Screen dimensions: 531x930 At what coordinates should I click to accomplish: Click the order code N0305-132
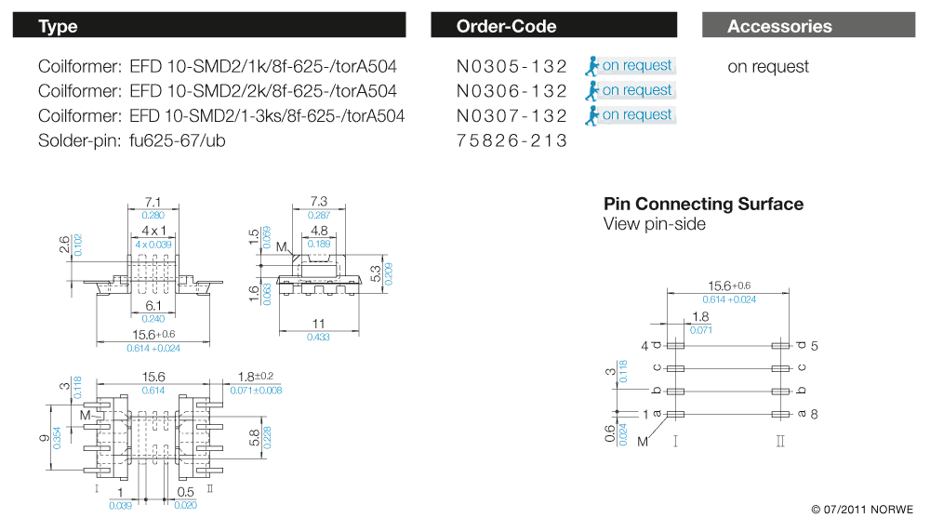coord(511,66)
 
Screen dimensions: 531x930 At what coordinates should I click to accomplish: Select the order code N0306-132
coord(511,91)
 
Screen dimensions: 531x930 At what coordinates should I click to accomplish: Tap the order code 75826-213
coord(511,141)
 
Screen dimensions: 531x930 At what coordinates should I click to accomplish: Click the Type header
coord(59,26)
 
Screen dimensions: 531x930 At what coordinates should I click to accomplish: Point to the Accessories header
coord(779,26)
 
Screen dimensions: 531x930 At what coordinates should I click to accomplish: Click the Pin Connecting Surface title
coord(703,204)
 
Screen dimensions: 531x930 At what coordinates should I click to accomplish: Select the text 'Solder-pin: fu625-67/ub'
coord(132,141)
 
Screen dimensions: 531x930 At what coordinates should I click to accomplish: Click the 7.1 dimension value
coord(154,202)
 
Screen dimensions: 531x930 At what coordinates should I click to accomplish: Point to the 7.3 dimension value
coord(318,202)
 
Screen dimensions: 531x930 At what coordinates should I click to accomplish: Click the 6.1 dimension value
coord(154,305)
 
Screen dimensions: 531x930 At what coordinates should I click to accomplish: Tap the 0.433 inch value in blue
coord(318,337)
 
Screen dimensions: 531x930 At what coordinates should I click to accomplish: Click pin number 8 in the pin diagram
coord(814,414)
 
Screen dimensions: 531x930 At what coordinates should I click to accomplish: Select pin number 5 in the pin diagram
coord(814,346)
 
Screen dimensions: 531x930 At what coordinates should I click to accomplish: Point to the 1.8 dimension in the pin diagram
coord(702,316)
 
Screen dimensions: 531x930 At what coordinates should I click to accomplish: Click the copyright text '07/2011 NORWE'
coord(862,510)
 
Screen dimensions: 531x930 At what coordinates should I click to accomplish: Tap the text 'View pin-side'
coord(654,224)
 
